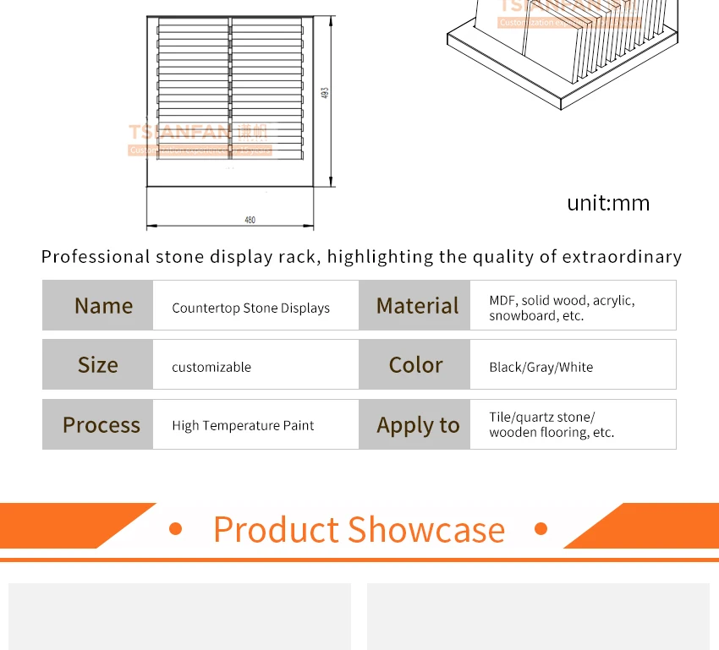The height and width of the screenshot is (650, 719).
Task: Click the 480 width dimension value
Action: point(250,220)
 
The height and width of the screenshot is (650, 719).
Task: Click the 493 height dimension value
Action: point(325,93)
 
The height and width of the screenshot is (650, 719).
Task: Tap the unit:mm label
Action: point(608,203)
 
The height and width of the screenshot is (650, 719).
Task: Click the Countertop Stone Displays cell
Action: point(250,308)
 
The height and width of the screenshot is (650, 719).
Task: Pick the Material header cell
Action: point(417,306)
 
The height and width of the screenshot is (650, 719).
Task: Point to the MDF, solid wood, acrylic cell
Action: point(562,308)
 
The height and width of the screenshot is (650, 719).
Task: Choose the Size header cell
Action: point(98,365)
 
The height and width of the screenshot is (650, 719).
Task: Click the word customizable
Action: point(211,367)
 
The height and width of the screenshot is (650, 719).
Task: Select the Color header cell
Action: point(415,365)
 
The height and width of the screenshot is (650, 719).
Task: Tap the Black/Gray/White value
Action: point(541,367)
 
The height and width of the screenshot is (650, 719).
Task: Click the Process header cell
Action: point(102,425)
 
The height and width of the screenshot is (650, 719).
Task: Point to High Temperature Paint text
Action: point(243,425)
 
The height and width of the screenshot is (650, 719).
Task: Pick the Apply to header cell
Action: point(418,425)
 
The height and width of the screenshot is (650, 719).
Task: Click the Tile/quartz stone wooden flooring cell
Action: point(551,424)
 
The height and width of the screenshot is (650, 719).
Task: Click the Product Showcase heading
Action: point(359,530)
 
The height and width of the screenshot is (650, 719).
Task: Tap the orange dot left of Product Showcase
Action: point(176,529)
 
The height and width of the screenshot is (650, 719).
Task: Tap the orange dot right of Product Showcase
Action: point(541,529)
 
